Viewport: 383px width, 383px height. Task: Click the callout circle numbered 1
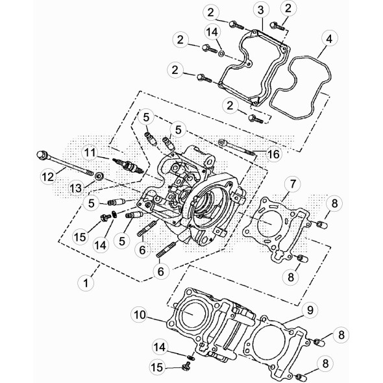point(86,282)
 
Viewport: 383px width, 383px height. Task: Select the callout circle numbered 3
point(260,10)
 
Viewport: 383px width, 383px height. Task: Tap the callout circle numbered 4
point(329,38)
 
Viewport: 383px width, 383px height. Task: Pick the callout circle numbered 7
point(292,184)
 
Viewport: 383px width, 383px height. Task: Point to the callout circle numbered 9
point(310,310)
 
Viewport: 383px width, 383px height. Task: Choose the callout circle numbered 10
point(140,315)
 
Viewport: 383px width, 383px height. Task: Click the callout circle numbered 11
point(90,153)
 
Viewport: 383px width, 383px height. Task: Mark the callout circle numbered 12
point(48,176)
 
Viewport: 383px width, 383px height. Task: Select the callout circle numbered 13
point(76,188)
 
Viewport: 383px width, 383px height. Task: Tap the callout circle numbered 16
point(273,154)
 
